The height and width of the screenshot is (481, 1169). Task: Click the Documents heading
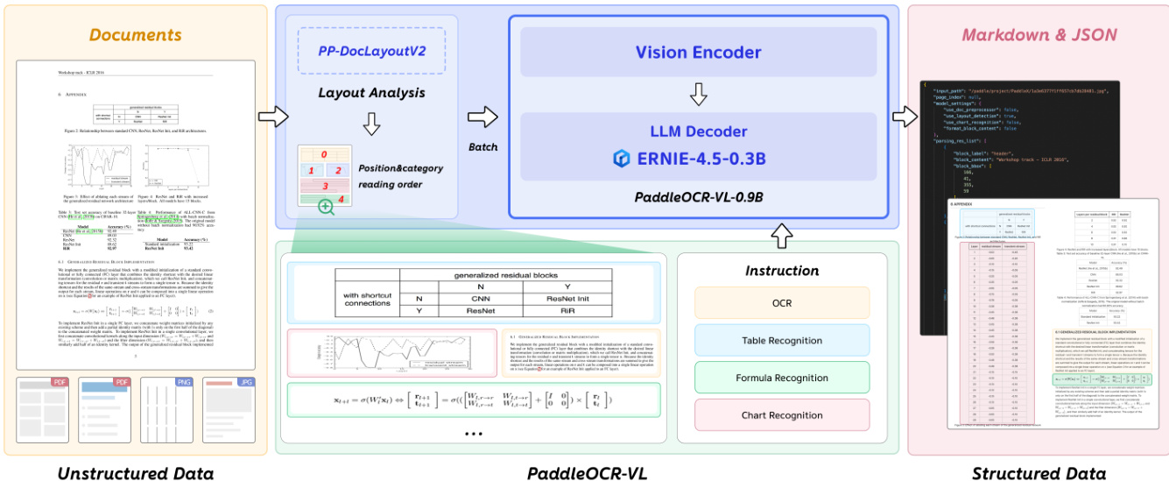tap(135, 35)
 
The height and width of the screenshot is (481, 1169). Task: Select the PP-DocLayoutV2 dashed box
tap(372, 51)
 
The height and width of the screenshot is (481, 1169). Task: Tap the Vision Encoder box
tap(698, 52)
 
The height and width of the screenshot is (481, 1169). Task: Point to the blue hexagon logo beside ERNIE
tap(622, 158)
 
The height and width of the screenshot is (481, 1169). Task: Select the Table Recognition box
tap(781, 340)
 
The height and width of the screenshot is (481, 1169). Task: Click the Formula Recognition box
tap(781, 378)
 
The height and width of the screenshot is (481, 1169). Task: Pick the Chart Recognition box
tap(781, 415)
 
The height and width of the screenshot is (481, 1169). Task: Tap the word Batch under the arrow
tap(482, 148)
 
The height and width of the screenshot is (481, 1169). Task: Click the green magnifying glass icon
tap(327, 207)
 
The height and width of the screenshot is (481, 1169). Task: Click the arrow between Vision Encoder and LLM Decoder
tap(698, 93)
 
